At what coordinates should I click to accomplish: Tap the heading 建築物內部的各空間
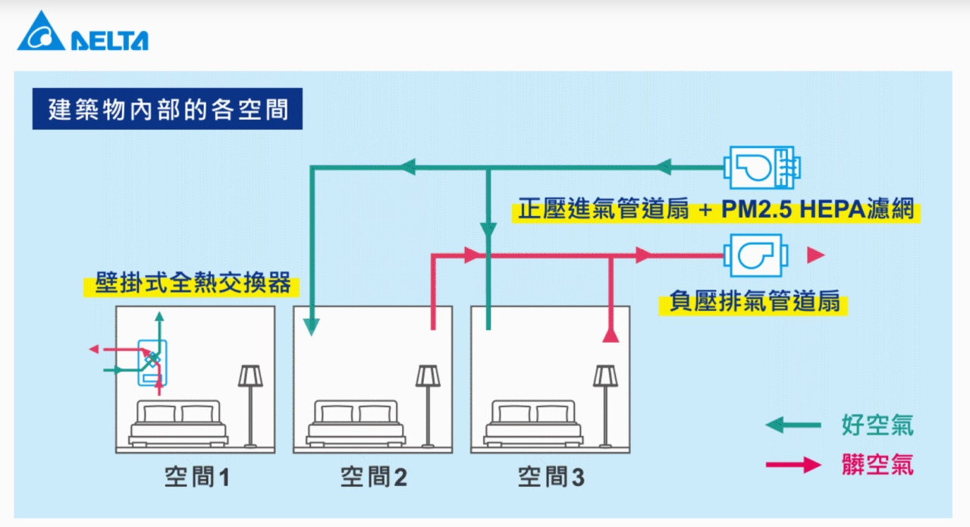coord(168,109)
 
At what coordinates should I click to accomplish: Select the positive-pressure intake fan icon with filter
coord(761,167)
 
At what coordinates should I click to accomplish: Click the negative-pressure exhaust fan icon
coord(756,256)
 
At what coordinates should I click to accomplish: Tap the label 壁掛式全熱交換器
coord(193,283)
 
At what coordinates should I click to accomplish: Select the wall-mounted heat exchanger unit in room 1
coord(152,361)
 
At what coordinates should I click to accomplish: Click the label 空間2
coord(373,478)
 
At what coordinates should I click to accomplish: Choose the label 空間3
coord(551,478)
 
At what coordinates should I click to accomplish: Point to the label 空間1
coord(196,478)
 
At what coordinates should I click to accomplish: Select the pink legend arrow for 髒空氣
coord(793,465)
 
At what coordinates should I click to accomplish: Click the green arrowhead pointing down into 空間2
coord(311,327)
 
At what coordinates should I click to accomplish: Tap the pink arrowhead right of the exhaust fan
coord(815,256)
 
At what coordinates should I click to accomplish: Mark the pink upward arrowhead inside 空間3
coord(611,334)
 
